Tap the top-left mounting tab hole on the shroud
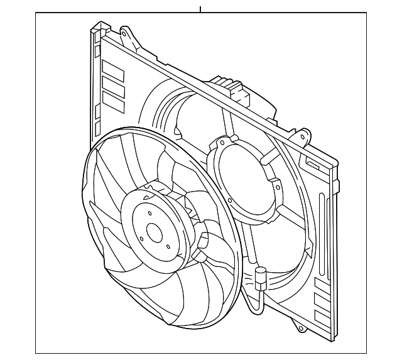click(x=124, y=31)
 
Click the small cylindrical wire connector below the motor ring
click(x=259, y=277)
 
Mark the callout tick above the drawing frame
click(x=200, y=9)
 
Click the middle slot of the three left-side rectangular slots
click(x=114, y=87)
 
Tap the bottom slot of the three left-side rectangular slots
click(x=114, y=102)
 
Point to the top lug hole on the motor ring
click(x=221, y=143)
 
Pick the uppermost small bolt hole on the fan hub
click(x=149, y=213)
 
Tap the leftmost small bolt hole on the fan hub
click(x=142, y=238)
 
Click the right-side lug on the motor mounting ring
click(x=275, y=185)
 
